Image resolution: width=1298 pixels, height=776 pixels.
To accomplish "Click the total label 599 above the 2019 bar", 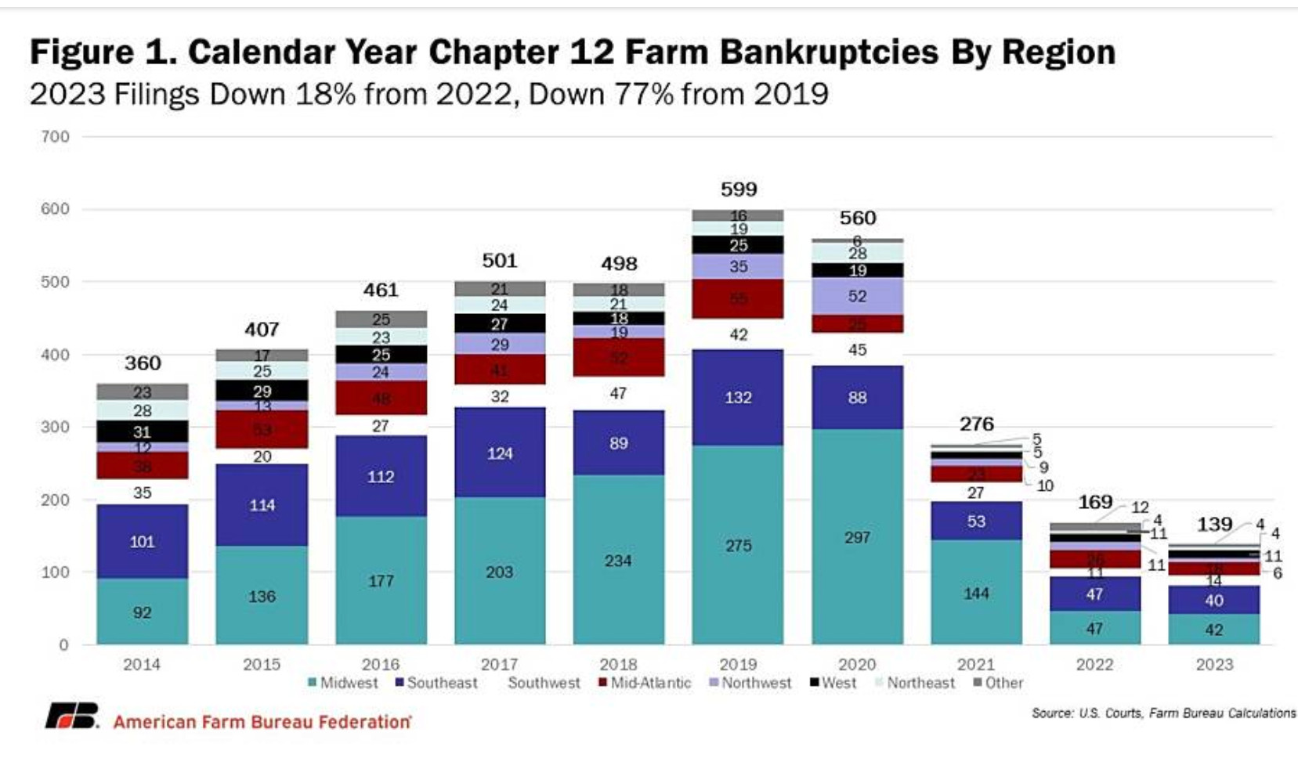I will [x=739, y=189].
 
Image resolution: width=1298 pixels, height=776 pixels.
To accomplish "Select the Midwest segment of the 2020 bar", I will [x=857, y=537].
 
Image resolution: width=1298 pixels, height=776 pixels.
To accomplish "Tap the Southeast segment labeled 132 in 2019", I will [x=738, y=398].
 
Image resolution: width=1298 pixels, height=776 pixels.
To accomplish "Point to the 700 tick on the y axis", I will [x=55, y=137].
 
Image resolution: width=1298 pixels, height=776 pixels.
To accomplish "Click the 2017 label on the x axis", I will [x=499, y=665].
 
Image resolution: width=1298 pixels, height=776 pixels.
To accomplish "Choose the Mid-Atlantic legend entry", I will [x=645, y=683].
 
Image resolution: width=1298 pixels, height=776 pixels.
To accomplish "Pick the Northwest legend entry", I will [x=750, y=683].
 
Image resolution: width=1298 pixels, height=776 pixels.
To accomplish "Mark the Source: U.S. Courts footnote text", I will [x=1163, y=713].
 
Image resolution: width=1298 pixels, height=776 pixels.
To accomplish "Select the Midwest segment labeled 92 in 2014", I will [x=142, y=612].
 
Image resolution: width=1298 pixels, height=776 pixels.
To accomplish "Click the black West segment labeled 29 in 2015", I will [x=262, y=391].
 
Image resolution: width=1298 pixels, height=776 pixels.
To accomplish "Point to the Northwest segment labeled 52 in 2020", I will [x=857, y=297].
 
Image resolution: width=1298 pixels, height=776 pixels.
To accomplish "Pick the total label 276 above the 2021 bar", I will [x=976, y=424].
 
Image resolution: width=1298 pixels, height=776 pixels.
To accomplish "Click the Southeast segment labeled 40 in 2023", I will [x=1213, y=601].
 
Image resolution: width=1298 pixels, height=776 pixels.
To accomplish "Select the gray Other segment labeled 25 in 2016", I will [x=381, y=319].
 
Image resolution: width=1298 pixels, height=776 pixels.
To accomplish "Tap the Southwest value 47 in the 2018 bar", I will [x=618, y=393].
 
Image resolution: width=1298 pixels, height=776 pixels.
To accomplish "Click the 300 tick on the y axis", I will [x=55, y=428].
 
